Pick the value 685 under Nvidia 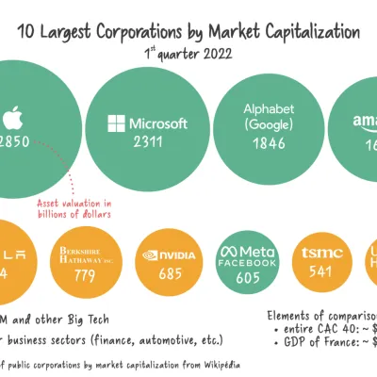(169, 274)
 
